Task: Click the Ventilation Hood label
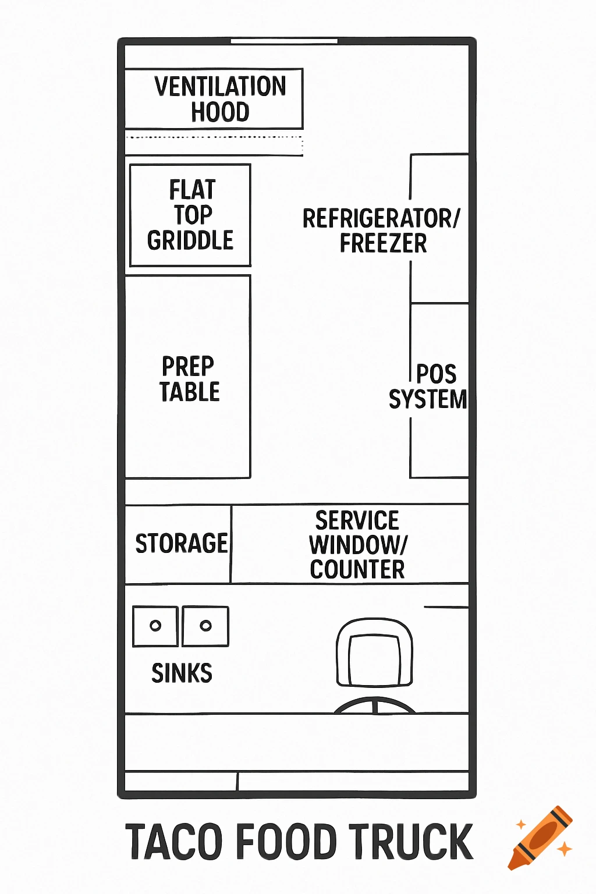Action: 219,99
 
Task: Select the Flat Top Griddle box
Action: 190,215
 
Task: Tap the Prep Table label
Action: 189,379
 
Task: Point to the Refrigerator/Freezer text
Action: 381,230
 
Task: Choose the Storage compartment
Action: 180,544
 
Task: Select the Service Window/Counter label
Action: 357,545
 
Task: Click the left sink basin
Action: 155,626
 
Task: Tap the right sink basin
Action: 205,626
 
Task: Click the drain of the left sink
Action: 155,626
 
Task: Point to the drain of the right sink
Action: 205,626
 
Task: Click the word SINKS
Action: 182,673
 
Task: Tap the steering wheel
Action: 375,705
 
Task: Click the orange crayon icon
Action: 540,838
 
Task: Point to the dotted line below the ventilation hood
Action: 214,137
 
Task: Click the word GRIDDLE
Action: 190,240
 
